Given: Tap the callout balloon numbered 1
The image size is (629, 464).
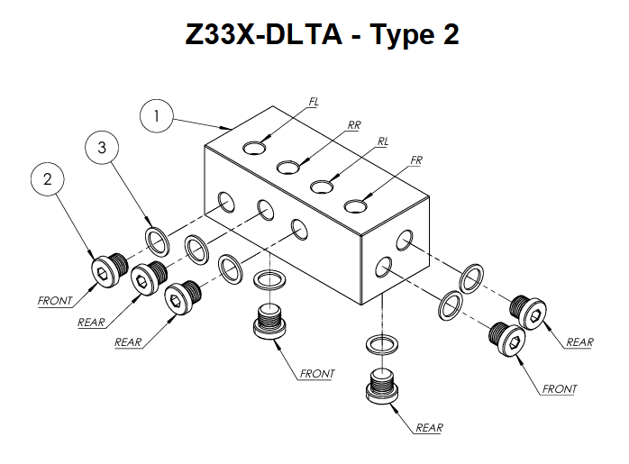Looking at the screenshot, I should click(x=157, y=116).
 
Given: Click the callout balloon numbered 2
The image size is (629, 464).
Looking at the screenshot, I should click(x=48, y=179).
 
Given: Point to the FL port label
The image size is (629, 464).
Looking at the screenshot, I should click(x=313, y=103).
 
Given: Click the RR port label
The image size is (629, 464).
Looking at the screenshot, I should click(x=353, y=125).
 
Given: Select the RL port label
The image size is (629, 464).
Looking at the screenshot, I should click(x=383, y=141).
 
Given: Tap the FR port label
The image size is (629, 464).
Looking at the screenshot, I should click(x=416, y=160).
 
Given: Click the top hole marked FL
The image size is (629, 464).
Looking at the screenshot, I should click(x=256, y=146).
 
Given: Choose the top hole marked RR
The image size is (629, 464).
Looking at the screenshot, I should click(x=288, y=167).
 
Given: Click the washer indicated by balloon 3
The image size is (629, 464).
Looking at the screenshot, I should click(x=159, y=241).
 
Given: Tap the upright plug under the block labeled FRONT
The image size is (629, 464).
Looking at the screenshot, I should click(x=269, y=323).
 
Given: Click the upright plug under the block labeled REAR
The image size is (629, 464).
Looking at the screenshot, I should click(x=382, y=386).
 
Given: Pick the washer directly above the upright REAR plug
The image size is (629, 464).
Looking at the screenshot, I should click(x=382, y=344).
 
